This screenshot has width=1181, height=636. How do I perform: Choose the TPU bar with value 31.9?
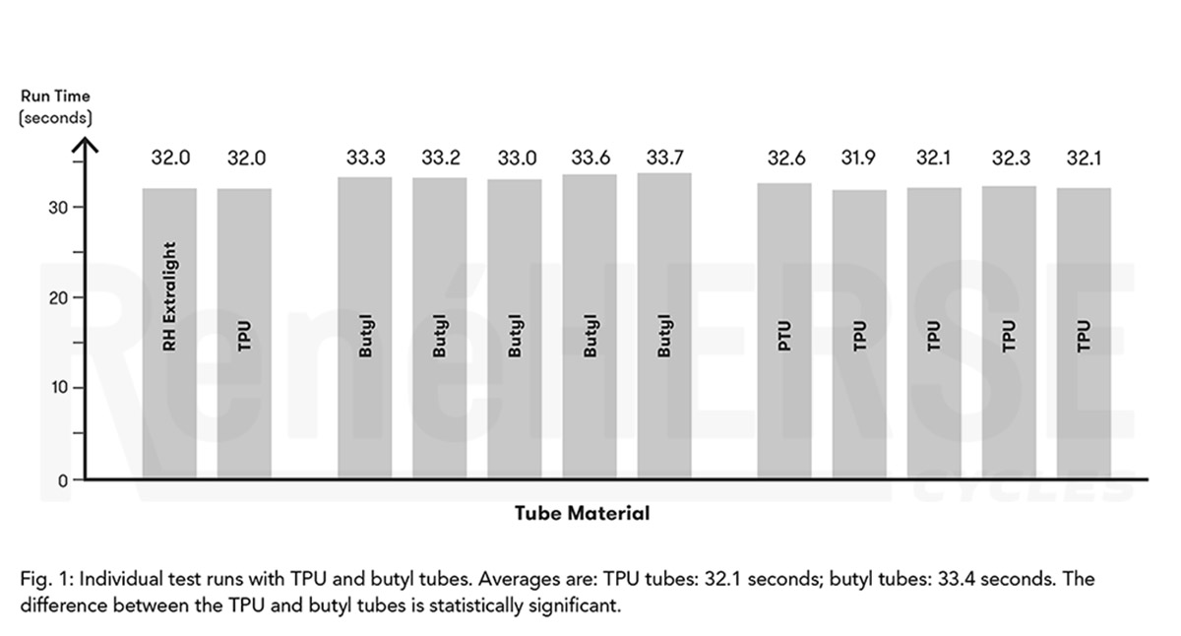tap(859, 334)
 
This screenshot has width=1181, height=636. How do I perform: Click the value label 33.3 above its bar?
tap(365, 158)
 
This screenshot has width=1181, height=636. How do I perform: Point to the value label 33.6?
tap(590, 158)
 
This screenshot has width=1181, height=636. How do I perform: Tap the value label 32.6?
tap(785, 158)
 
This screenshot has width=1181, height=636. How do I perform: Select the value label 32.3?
tap(1010, 158)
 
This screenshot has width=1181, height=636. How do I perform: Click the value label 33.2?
tap(441, 158)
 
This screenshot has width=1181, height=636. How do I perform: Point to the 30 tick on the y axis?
tap(56, 208)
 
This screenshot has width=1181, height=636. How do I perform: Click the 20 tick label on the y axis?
tap(56, 297)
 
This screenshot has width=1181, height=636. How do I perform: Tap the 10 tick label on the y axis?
tap(56, 387)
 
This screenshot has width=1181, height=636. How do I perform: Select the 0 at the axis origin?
tap(63, 480)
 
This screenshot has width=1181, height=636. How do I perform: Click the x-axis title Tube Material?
tap(582, 513)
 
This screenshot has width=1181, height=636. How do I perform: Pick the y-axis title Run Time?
tap(55, 96)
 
